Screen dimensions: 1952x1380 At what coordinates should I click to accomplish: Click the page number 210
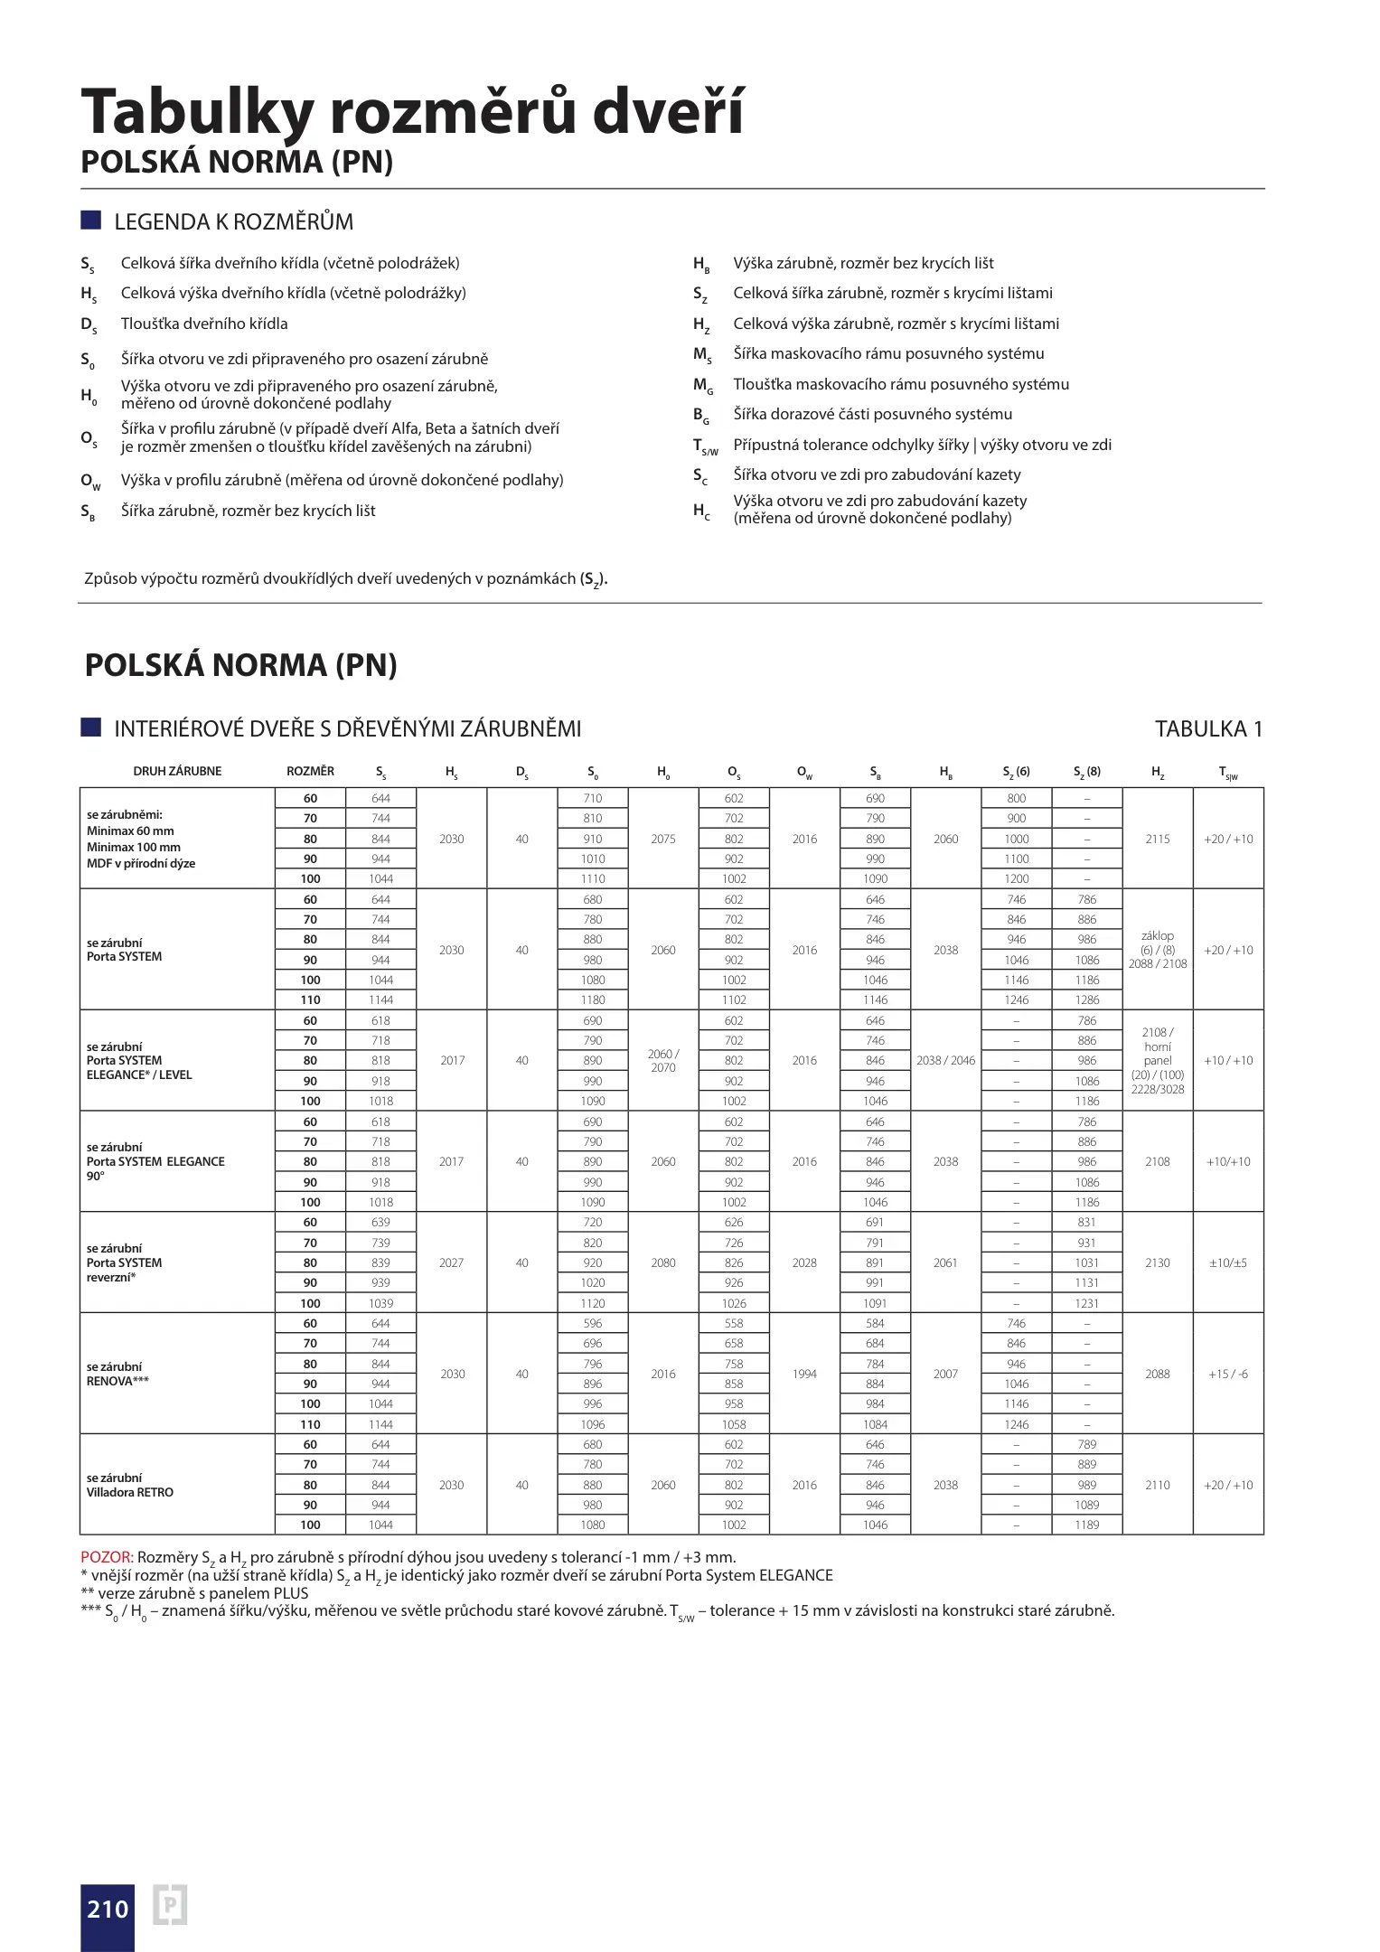108,1909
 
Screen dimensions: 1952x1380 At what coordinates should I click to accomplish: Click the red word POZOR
107,1556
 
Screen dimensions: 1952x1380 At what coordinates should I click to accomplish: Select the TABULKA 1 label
1208,728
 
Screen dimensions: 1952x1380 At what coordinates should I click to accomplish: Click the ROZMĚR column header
310,771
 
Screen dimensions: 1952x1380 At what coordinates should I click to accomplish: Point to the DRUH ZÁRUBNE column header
177,771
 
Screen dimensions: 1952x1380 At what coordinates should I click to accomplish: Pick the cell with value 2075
663,839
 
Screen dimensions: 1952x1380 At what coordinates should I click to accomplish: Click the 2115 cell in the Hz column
1158,839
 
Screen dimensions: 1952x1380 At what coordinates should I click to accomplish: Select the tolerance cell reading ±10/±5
1228,1262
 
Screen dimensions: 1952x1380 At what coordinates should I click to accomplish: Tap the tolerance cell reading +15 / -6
1228,1374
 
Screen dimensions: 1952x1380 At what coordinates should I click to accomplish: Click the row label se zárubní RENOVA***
117,1374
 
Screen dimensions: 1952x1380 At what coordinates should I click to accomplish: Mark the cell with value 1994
804,1374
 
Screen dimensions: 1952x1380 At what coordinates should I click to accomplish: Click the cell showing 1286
1087,999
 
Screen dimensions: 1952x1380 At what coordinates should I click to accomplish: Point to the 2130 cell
1158,1262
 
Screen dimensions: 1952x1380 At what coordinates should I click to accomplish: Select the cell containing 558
734,1323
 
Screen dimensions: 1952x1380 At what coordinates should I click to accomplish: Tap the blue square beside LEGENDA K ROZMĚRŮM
90,221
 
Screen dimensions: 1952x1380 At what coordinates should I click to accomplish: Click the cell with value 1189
1087,1525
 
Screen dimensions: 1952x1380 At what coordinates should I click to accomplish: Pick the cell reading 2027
452,1262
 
